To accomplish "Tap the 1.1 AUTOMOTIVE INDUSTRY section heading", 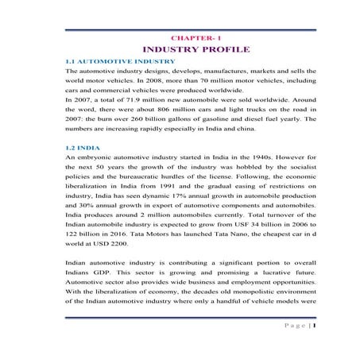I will (x=120, y=61).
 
